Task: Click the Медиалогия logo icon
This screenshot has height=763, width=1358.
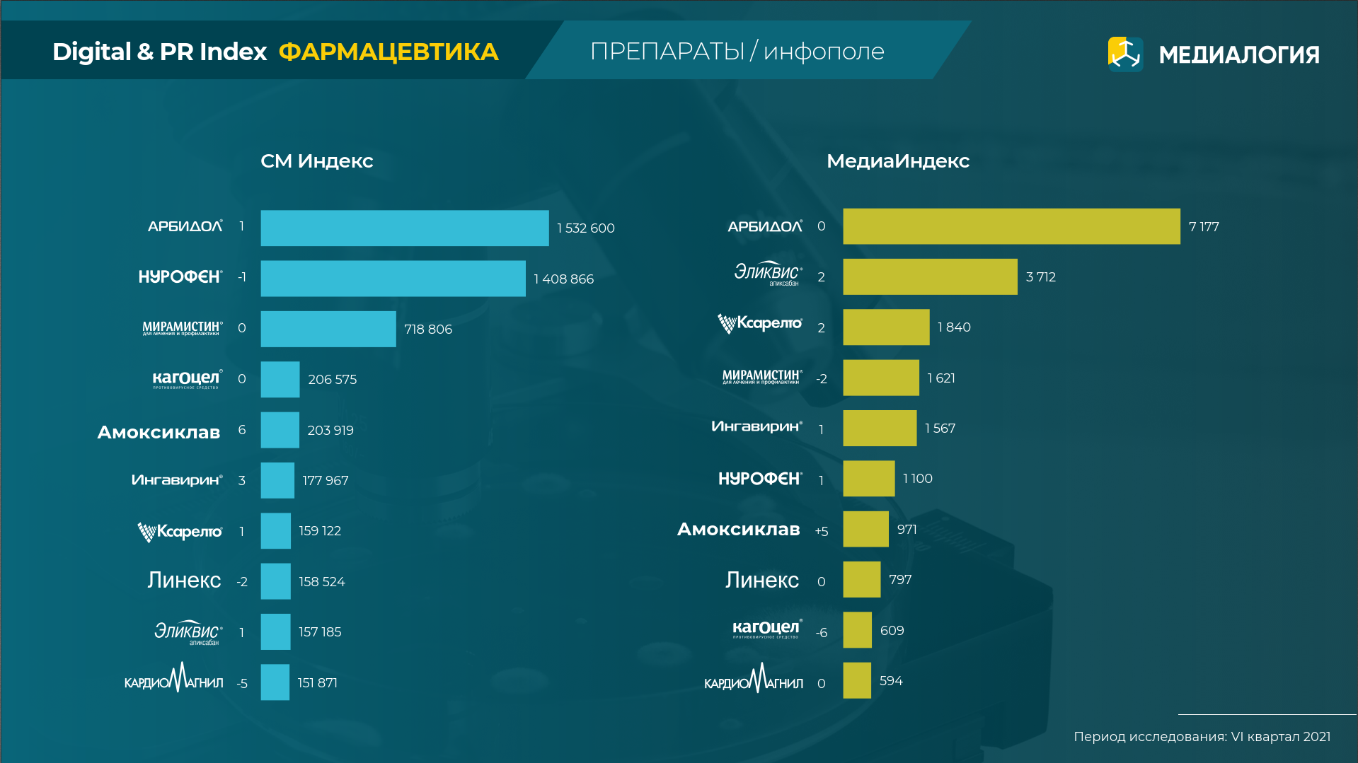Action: click(1125, 54)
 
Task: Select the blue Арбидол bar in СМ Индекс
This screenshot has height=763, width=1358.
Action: click(404, 228)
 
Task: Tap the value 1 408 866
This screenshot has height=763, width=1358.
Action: click(563, 279)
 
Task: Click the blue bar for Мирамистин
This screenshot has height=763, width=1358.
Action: click(328, 329)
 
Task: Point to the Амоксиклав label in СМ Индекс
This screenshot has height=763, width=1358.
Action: click(159, 432)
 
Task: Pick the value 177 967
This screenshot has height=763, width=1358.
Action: click(325, 481)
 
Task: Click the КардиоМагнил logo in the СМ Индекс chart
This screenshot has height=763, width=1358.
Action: click(173, 679)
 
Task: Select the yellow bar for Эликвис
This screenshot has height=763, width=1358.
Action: click(929, 276)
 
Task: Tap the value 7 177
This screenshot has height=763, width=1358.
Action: click(1203, 227)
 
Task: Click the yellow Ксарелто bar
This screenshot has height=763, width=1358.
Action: click(885, 327)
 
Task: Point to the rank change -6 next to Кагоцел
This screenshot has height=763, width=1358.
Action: click(821, 633)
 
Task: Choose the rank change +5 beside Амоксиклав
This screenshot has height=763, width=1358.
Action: click(821, 531)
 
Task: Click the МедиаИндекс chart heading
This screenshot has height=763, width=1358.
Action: click(897, 161)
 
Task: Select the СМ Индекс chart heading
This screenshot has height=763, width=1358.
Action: click(316, 161)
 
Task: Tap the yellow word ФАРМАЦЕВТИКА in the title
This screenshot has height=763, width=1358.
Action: click(389, 52)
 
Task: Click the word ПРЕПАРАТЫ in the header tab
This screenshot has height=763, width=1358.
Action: click(667, 52)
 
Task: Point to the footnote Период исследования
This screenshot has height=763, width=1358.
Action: click(1202, 736)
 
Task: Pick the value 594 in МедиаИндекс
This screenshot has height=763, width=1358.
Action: click(890, 681)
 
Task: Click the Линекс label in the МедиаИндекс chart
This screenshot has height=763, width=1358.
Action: click(761, 581)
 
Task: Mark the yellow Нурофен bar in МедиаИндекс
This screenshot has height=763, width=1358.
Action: click(868, 479)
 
